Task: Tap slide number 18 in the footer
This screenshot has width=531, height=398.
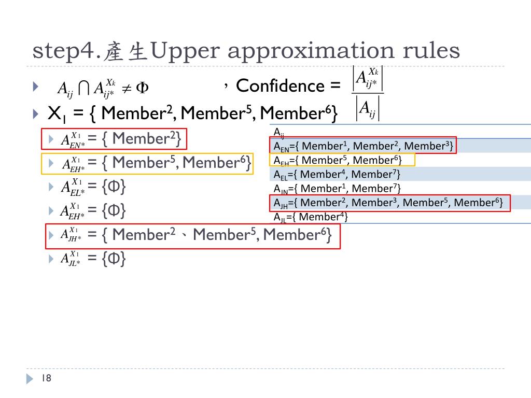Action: click(47, 379)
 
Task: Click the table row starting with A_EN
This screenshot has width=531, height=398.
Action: click(364, 146)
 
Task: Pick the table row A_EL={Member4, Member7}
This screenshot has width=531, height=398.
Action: click(337, 174)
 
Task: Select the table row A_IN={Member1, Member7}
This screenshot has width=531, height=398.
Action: click(337, 188)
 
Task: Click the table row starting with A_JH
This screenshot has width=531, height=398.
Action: click(389, 203)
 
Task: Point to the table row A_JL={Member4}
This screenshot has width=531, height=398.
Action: click(311, 217)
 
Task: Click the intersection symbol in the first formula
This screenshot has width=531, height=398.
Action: click(84, 88)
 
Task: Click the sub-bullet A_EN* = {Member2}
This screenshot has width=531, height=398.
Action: click(121, 139)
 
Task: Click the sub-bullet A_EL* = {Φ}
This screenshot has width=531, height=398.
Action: click(93, 187)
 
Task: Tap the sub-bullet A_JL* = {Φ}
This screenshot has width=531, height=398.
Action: click(93, 259)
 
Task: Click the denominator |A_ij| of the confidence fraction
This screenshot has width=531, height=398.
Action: click(368, 108)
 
